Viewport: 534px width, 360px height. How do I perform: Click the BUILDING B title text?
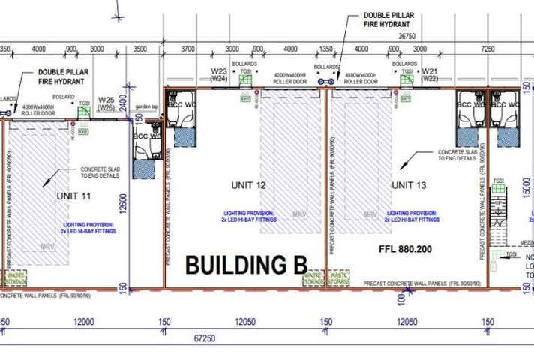(x=246, y=265)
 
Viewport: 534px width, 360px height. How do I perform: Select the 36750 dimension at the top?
(x=406, y=35)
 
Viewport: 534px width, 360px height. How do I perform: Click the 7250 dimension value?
(x=487, y=49)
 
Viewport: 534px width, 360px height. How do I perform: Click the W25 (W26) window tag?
(x=106, y=104)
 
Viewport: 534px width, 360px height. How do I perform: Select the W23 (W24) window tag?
(x=219, y=74)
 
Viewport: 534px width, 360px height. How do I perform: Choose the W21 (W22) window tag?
(x=429, y=74)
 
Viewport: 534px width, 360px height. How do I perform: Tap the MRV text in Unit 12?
(x=286, y=215)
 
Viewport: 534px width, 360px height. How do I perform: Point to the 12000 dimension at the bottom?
(x=84, y=322)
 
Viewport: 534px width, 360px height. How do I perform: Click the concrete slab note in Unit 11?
(x=95, y=173)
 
